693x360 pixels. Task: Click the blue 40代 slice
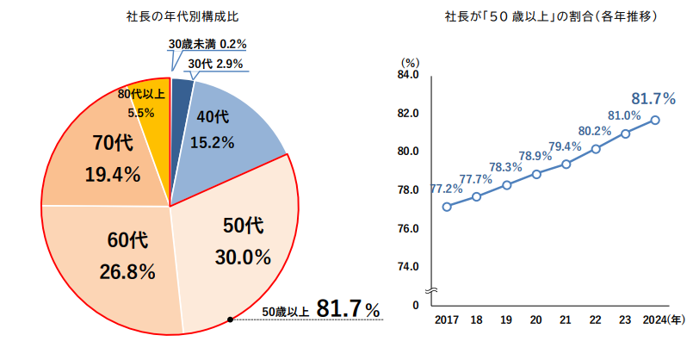pos(220,129)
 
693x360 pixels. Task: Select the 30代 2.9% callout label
pos(215,64)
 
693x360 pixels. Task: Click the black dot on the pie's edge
pos(230,320)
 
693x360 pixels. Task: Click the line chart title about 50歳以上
pos(540,16)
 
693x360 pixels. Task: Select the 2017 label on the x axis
pos(446,320)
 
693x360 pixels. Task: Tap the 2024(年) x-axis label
pos(664,320)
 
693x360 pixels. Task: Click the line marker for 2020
pos(536,174)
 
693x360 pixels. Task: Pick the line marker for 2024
pos(655,121)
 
